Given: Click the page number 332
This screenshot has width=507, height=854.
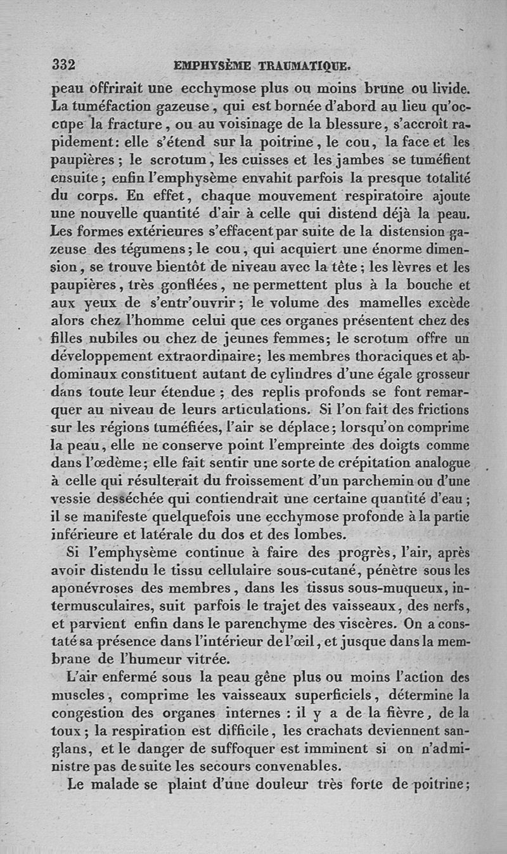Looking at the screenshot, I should tap(63, 64).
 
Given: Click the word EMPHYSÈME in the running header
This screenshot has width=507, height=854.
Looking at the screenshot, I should tap(212, 65).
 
